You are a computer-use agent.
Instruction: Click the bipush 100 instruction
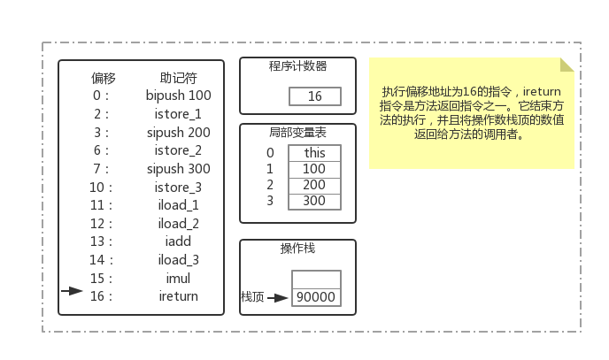178,96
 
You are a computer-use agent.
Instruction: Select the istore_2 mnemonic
178,150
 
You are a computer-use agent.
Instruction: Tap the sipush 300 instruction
178,169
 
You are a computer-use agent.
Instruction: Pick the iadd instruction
178,241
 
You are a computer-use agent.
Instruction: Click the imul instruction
178,278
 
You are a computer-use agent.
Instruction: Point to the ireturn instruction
178,296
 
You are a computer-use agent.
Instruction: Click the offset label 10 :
101,188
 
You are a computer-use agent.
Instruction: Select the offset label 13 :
101,241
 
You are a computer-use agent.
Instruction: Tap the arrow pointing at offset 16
73,290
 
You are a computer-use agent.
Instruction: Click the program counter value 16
315,96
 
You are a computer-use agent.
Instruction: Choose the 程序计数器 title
298,66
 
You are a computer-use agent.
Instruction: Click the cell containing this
314,153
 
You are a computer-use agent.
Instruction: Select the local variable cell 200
314,185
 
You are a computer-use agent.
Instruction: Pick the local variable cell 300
314,202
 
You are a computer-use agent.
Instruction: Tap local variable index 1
270,169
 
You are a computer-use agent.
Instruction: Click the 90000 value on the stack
316,297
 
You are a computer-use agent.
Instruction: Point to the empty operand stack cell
316,280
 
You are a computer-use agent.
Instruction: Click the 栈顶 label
252,297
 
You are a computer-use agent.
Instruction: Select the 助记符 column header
178,78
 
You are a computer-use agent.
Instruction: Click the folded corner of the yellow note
567,65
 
